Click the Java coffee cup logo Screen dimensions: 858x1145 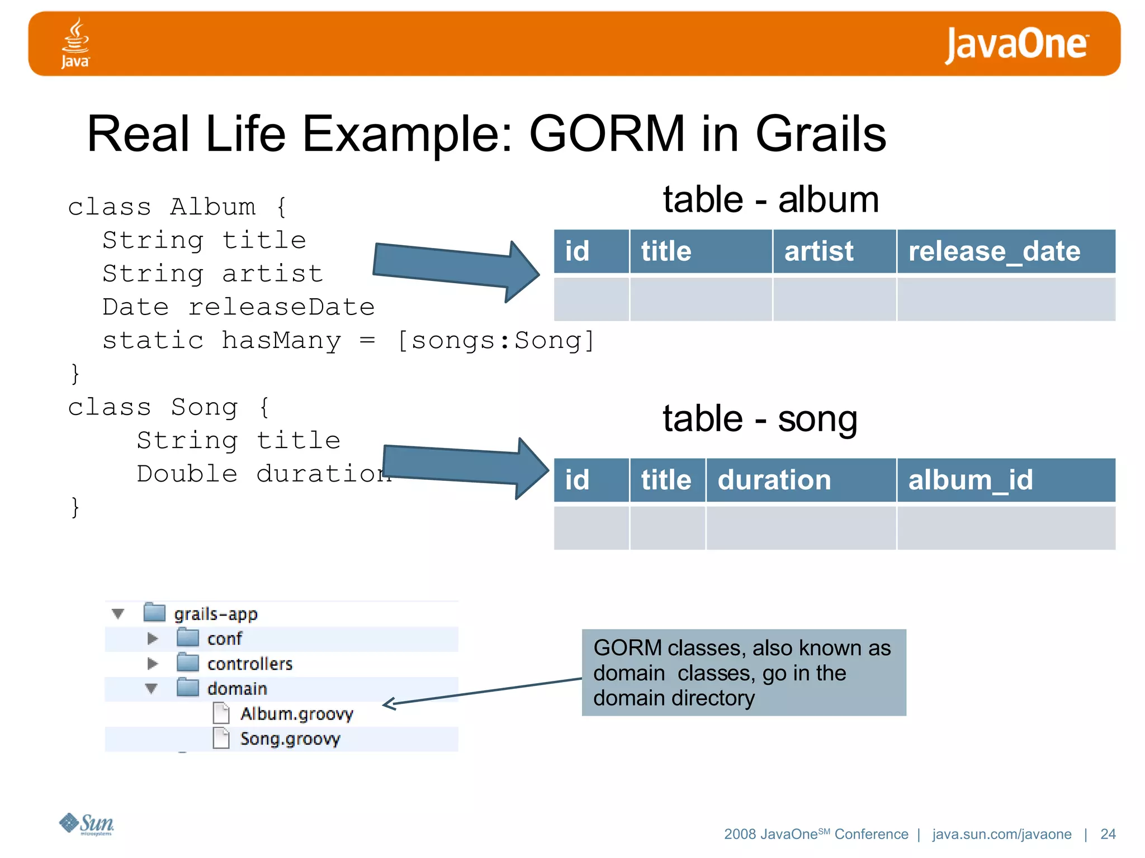tap(75, 42)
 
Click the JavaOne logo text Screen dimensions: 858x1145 tap(1016, 44)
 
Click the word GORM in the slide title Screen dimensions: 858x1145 tap(607, 134)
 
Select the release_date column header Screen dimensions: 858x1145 tap(994, 251)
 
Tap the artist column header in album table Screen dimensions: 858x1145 tap(818, 251)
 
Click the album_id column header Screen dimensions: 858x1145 tap(971, 480)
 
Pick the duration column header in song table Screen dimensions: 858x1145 tap(774, 480)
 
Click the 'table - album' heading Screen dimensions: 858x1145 tap(770, 200)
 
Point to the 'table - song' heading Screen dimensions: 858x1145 tap(760, 419)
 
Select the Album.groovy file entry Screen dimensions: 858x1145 tap(296, 714)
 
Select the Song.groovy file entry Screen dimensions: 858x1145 tap(290, 739)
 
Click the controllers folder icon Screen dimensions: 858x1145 tap(188, 663)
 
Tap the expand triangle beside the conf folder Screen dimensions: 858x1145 tap(152, 638)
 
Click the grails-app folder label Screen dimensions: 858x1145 tap(215, 614)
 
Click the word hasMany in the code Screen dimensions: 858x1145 tap(281, 341)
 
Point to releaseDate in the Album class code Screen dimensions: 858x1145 tap(281, 307)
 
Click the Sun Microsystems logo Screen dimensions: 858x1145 tap(87, 824)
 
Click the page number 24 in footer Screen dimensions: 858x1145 tap(1108, 834)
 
